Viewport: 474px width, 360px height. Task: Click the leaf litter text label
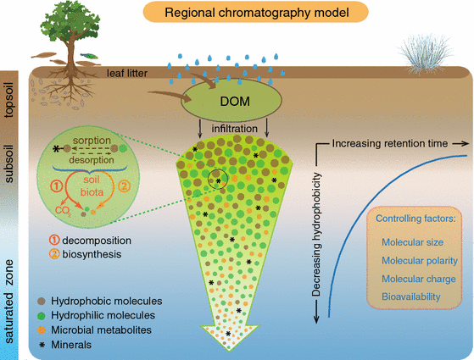point(127,75)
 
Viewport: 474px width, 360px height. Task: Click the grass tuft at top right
point(423,53)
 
